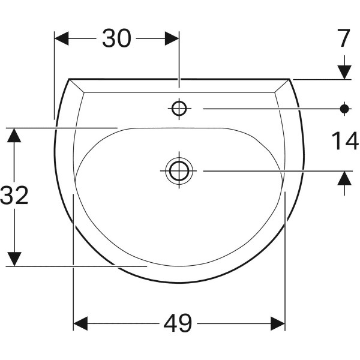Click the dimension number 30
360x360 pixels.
pyautogui.click(x=116, y=38)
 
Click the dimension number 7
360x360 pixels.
pyautogui.click(x=343, y=38)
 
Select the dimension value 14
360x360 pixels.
pyautogui.click(x=344, y=142)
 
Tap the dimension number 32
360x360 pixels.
pyautogui.click(x=14, y=196)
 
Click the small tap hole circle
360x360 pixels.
pyautogui.click(x=179, y=109)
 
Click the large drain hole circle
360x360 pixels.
pyautogui.click(x=179, y=171)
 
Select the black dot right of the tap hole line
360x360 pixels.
pyautogui.click(x=344, y=109)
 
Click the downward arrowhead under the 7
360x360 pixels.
pyautogui.click(x=344, y=71)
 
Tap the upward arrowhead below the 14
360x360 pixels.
pyautogui.click(x=344, y=178)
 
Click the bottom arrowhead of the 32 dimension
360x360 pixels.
pyautogui.click(x=14, y=259)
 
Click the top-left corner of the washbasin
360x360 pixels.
pyautogui.click(x=69, y=79)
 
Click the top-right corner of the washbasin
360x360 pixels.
pyautogui.click(x=290, y=79)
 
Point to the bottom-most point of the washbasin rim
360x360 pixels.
pyautogui.click(x=179, y=283)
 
